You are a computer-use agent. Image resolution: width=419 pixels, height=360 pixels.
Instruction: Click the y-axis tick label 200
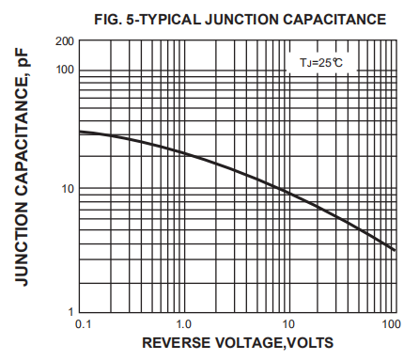pyautogui.click(x=64, y=41)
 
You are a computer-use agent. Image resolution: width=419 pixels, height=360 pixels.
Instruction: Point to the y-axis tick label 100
pyautogui.click(x=64, y=70)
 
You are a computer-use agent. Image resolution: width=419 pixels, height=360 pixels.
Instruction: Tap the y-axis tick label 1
pyautogui.click(x=70, y=311)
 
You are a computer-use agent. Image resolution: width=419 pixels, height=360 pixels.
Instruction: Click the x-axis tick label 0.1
pyautogui.click(x=82, y=324)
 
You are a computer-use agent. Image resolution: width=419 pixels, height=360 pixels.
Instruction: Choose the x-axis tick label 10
pyautogui.click(x=289, y=324)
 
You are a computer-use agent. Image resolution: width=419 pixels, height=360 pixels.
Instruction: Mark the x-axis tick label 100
pyautogui.click(x=391, y=324)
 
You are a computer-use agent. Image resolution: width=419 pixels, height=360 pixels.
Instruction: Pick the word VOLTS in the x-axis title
pyautogui.click(x=306, y=342)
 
